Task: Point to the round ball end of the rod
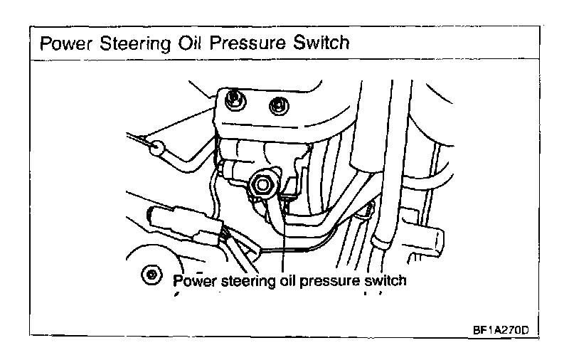(158, 148)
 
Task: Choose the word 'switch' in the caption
(384, 280)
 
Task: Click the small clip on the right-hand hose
(368, 208)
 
